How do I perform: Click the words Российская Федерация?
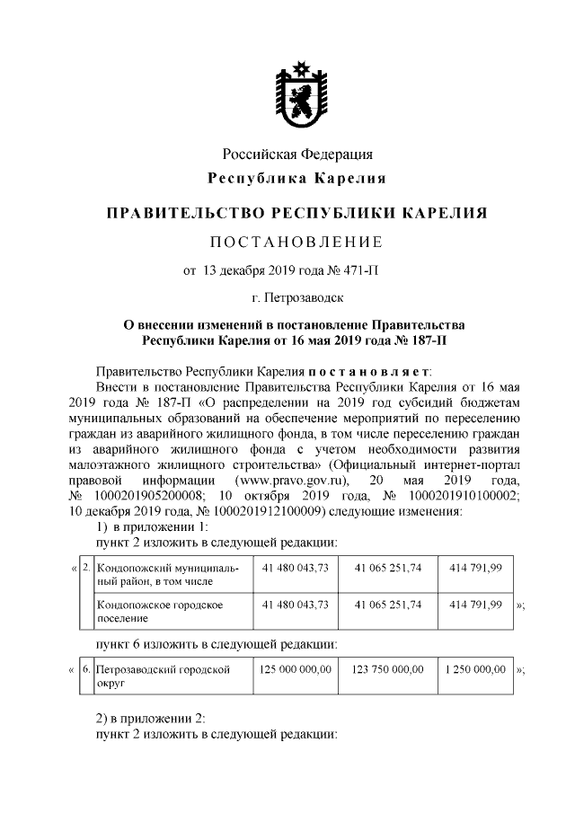[x=296, y=155]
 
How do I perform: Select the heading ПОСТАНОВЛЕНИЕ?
[x=296, y=242]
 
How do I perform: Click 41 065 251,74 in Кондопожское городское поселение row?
[x=388, y=605]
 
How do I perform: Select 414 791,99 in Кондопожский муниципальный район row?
[x=476, y=569]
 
